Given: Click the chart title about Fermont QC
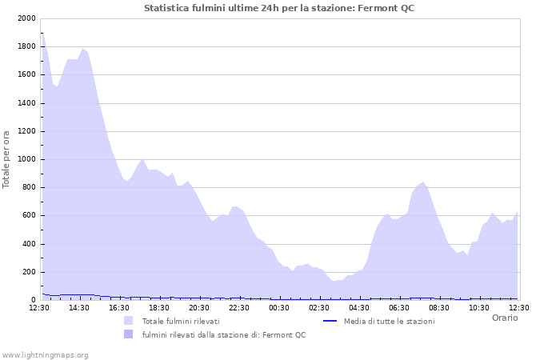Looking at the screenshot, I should tap(279, 8).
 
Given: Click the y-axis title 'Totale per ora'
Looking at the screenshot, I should tap(7, 158).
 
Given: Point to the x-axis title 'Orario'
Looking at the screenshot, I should tap(505, 318).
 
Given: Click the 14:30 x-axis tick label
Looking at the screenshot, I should tap(79, 307).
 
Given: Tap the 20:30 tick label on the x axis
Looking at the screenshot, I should tap(199, 307).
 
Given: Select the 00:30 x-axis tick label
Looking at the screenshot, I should tap(279, 307).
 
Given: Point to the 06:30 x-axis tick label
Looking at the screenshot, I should tap(399, 307).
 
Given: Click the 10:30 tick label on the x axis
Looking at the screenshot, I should tap(479, 307).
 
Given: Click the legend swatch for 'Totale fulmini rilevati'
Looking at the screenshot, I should tap(129, 321).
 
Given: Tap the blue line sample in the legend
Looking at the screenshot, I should tap(330, 321).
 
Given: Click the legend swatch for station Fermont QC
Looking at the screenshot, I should tap(129, 334).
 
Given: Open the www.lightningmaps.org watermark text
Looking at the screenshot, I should tap(45, 354).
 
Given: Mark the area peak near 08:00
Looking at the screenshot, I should tap(423, 182).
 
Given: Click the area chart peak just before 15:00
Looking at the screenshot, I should tap(82, 49).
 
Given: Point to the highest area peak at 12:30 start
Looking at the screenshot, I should tap(42, 33).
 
